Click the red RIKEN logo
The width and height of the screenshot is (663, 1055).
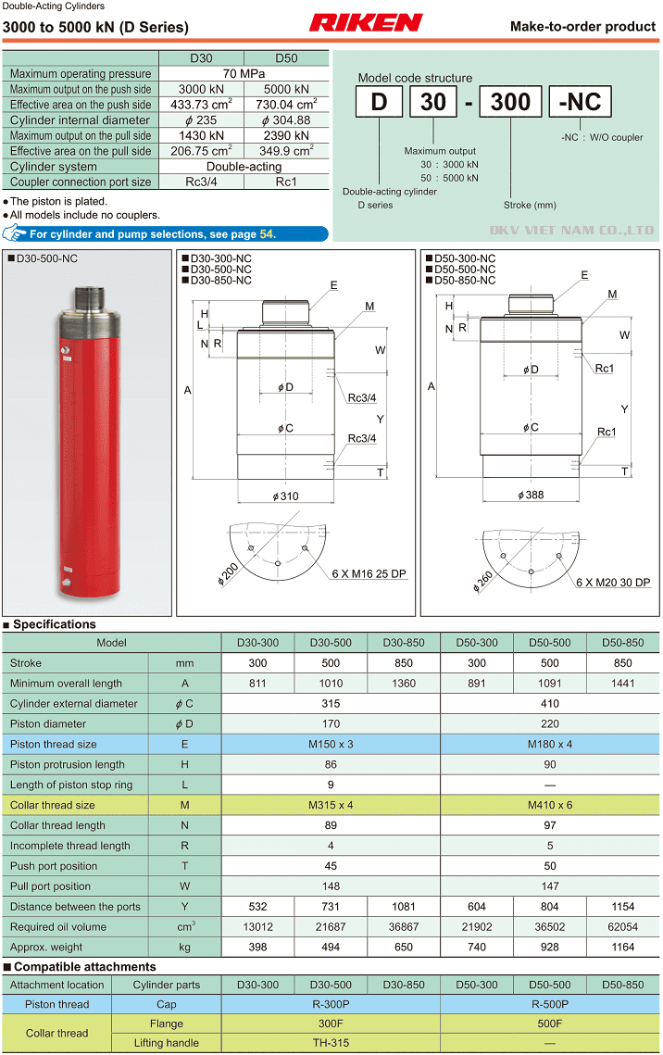(366, 23)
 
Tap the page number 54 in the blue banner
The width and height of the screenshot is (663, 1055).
(267, 234)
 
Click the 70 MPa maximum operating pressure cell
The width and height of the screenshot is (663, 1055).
(244, 73)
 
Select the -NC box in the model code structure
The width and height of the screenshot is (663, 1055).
(580, 102)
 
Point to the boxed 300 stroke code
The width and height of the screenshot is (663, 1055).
(510, 102)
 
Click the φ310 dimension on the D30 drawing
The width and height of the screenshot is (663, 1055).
(286, 496)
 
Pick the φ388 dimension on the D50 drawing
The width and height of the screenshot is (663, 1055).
(531, 495)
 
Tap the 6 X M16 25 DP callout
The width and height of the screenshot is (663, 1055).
(369, 574)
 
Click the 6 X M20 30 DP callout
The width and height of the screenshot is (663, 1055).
(613, 582)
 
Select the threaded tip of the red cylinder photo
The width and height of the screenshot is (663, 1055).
(89, 296)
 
